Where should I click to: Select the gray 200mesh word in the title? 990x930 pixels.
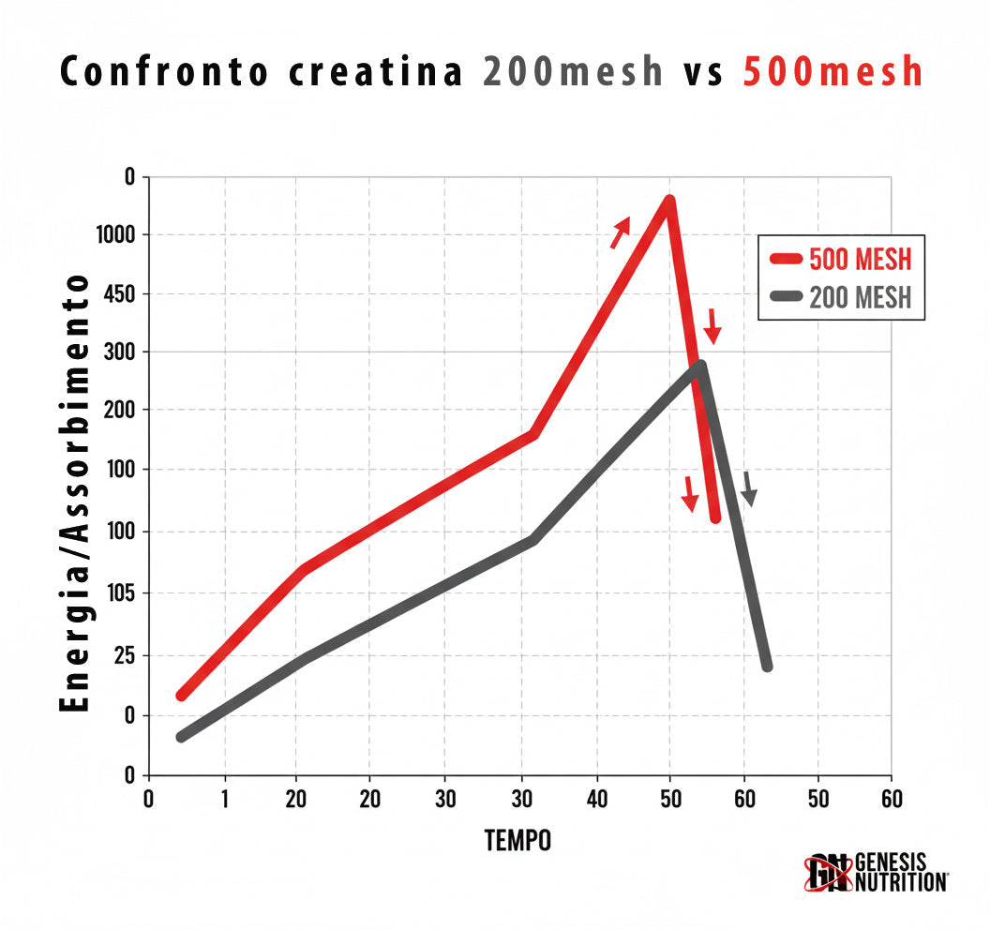click(x=574, y=72)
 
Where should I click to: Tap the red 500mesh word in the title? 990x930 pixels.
click(x=832, y=72)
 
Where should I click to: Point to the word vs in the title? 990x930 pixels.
click(x=703, y=72)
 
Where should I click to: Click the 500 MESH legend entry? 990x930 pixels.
click(x=841, y=259)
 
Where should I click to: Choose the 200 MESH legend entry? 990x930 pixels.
click(x=841, y=297)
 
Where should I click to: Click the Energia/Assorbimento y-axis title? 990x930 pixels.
click(x=77, y=493)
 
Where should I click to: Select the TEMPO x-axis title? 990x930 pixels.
click(x=517, y=841)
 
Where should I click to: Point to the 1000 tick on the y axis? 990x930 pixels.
click(x=116, y=235)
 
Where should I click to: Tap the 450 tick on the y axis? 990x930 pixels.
click(x=120, y=294)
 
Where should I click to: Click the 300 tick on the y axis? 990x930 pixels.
click(x=120, y=352)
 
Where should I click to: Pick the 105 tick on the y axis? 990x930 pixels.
click(x=120, y=593)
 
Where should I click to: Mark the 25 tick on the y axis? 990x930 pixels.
click(x=125, y=654)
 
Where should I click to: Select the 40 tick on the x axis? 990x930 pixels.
click(x=596, y=800)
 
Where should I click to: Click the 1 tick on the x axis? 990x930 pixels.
click(x=225, y=800)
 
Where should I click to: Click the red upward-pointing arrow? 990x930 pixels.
click(x=621, y=232)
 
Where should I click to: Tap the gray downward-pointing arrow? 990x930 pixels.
click(x=748, y=488)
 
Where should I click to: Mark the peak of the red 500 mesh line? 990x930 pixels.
click(x=669, y=200)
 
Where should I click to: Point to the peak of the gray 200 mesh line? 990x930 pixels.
click(x=700, y=366)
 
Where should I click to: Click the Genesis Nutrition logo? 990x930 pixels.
click(x=875, y=872)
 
